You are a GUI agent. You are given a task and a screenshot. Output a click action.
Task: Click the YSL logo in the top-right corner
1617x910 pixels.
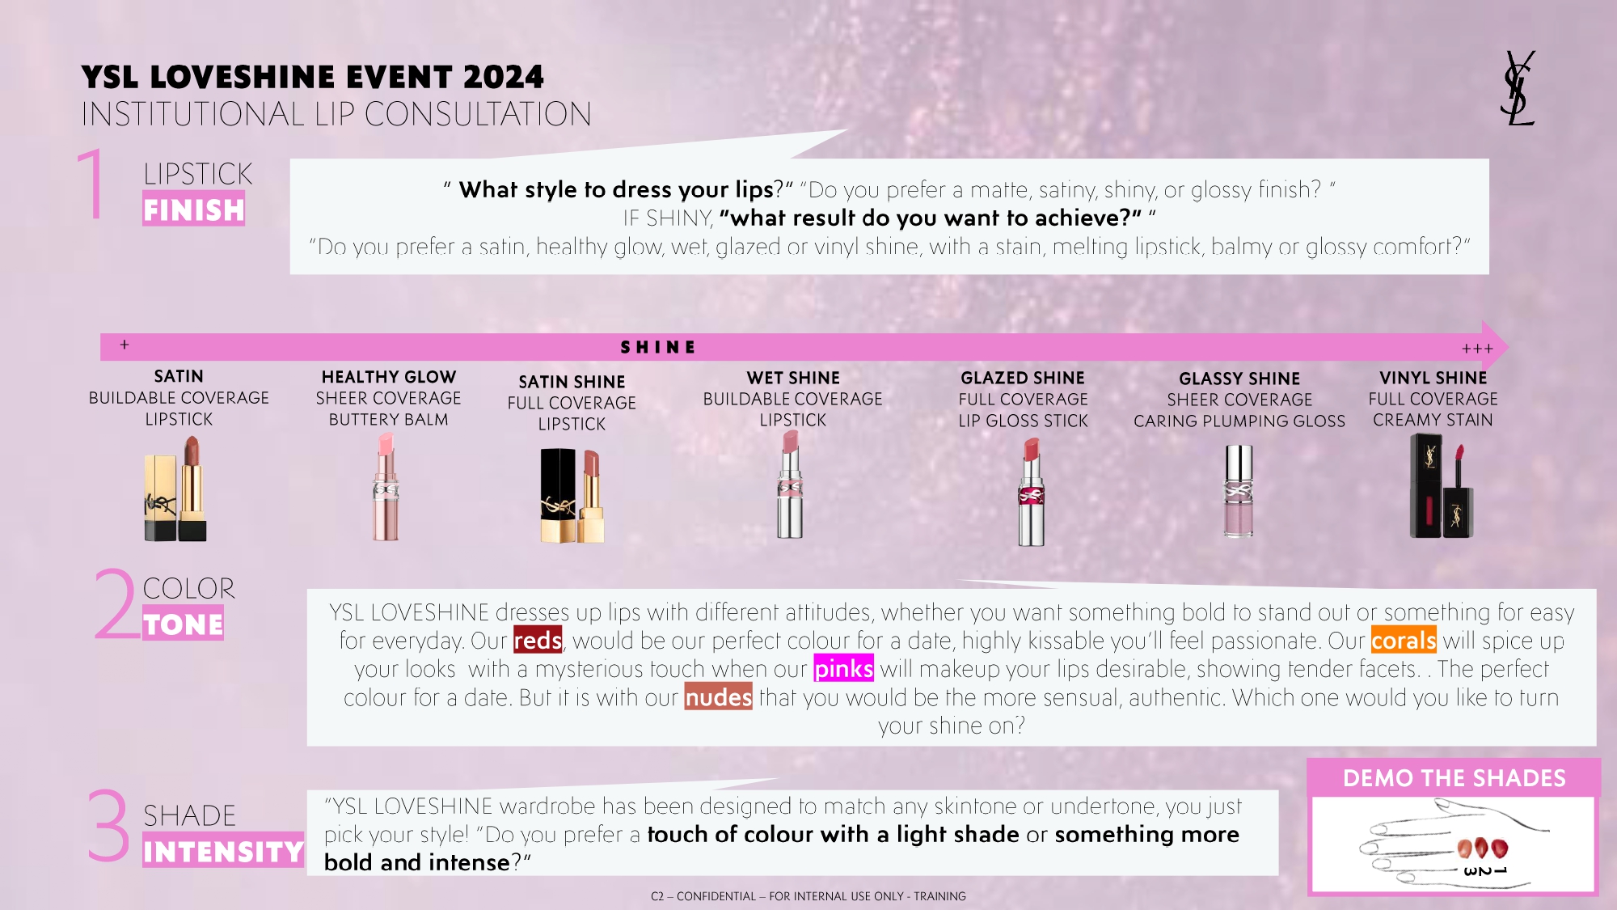point(1518,88)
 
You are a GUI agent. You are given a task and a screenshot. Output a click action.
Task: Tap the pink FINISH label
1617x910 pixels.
point(194,209)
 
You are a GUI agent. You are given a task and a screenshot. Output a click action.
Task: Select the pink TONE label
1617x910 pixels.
point(183,624)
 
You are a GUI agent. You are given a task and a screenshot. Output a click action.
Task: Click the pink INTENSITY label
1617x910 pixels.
point(223,850)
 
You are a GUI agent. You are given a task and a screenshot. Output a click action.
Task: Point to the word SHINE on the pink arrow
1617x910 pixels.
point(658,347)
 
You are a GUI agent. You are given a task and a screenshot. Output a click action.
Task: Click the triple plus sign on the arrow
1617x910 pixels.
point(1477,349)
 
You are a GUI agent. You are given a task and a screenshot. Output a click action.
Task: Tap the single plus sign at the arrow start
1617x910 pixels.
point(125,345)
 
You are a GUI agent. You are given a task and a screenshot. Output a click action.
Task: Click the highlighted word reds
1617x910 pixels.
point(538,641)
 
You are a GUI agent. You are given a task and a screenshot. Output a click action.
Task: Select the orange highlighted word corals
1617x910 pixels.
point(1404,641)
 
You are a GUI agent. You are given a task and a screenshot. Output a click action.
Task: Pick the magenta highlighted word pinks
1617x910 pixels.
point(843,669)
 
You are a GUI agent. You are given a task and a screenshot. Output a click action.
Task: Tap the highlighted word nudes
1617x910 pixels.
point(718,697)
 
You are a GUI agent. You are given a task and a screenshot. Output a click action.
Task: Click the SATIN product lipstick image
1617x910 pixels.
point(175,488)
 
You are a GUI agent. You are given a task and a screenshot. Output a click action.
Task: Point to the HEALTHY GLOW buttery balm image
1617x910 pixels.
point(386,487)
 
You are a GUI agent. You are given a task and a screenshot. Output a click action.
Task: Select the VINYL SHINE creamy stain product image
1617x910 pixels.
point(1442,485)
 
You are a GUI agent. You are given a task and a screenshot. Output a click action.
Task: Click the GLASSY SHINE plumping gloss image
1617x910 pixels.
point(1239,490)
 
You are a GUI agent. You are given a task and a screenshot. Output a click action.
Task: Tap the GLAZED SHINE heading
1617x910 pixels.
point(1023,378)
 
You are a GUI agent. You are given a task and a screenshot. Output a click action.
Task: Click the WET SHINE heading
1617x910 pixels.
point(793,378)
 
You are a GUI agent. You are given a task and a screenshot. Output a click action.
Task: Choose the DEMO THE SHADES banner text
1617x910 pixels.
point(1454,778)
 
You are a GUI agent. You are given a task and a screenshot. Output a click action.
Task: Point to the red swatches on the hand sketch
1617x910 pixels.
point(1482,848)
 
